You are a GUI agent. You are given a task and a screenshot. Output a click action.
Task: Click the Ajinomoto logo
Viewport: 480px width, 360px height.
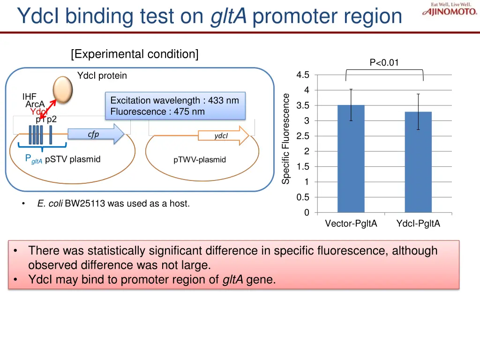pos(450,9)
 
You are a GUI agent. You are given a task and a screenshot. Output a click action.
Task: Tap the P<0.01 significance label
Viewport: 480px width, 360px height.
pos(384,63)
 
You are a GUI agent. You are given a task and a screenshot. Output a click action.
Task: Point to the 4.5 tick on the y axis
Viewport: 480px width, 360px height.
pos(303,75)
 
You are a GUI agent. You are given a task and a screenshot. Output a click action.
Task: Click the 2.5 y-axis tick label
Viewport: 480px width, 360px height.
pos(303,136)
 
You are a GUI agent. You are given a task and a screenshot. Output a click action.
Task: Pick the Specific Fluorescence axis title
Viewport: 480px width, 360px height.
pos(286,138)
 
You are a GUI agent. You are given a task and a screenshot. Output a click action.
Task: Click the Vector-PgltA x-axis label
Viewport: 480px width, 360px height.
pos(351,224)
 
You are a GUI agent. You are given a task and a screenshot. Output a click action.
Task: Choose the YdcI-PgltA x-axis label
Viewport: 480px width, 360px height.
pos(418,224)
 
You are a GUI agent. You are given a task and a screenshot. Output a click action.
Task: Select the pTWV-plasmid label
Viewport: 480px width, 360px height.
pos(200,160)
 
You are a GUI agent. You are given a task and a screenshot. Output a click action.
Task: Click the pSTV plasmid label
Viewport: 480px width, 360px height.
pos(73,159)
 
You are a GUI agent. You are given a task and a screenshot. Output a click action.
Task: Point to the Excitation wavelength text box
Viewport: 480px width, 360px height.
pos(175,106)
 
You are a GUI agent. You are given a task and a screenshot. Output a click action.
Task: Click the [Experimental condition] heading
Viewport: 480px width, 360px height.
pos(135,54)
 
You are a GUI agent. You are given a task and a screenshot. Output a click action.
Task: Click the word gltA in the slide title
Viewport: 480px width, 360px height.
pos(228,16)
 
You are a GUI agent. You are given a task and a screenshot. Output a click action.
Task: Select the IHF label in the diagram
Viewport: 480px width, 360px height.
pos(30,97)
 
